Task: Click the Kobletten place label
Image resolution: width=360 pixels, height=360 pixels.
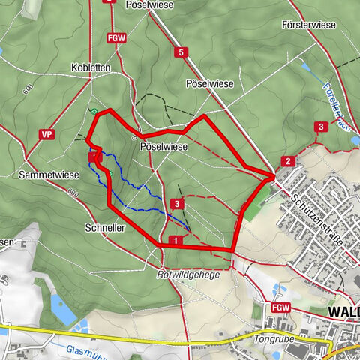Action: tap(91, 67)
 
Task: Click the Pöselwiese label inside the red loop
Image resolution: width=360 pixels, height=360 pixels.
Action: tap(163, 148)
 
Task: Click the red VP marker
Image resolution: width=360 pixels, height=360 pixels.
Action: tap(47, 134)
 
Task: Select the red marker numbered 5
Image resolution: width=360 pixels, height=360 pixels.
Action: tap(180, 52)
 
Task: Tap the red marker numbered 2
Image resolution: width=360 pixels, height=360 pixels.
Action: tap(287, 161)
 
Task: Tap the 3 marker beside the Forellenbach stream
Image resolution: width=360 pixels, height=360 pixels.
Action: tap(320, 126)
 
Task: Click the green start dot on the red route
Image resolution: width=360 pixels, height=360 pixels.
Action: tap(94, 112)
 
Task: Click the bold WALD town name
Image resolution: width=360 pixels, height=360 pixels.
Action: tap(343, 310)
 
